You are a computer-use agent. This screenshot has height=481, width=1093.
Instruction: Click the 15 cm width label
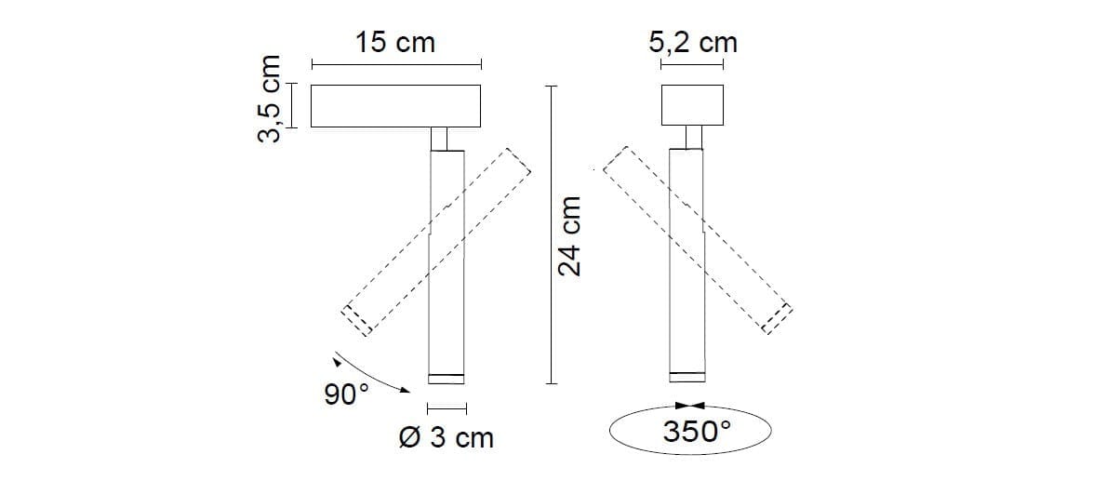click(395, 43)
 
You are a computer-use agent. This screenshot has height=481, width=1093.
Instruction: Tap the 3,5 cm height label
click(269, 100)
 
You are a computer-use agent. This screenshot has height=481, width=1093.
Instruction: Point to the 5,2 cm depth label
click(693, 42)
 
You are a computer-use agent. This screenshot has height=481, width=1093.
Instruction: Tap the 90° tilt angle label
click(346, 394)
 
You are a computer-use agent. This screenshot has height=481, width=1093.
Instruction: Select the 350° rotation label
click(698, 432)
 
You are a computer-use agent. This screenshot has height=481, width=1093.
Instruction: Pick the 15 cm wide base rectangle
click(395, 106)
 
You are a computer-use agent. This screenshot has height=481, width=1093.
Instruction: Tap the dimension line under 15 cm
click(395, 65)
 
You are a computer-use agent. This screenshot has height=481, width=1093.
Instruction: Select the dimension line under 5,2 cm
click(692, 65)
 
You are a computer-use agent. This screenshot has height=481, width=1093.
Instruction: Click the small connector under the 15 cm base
click(445, 138)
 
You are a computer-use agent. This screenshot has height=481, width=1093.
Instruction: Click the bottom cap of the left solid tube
click(445, 378)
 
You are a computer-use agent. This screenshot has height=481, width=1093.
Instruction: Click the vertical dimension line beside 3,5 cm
click(291, 105)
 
